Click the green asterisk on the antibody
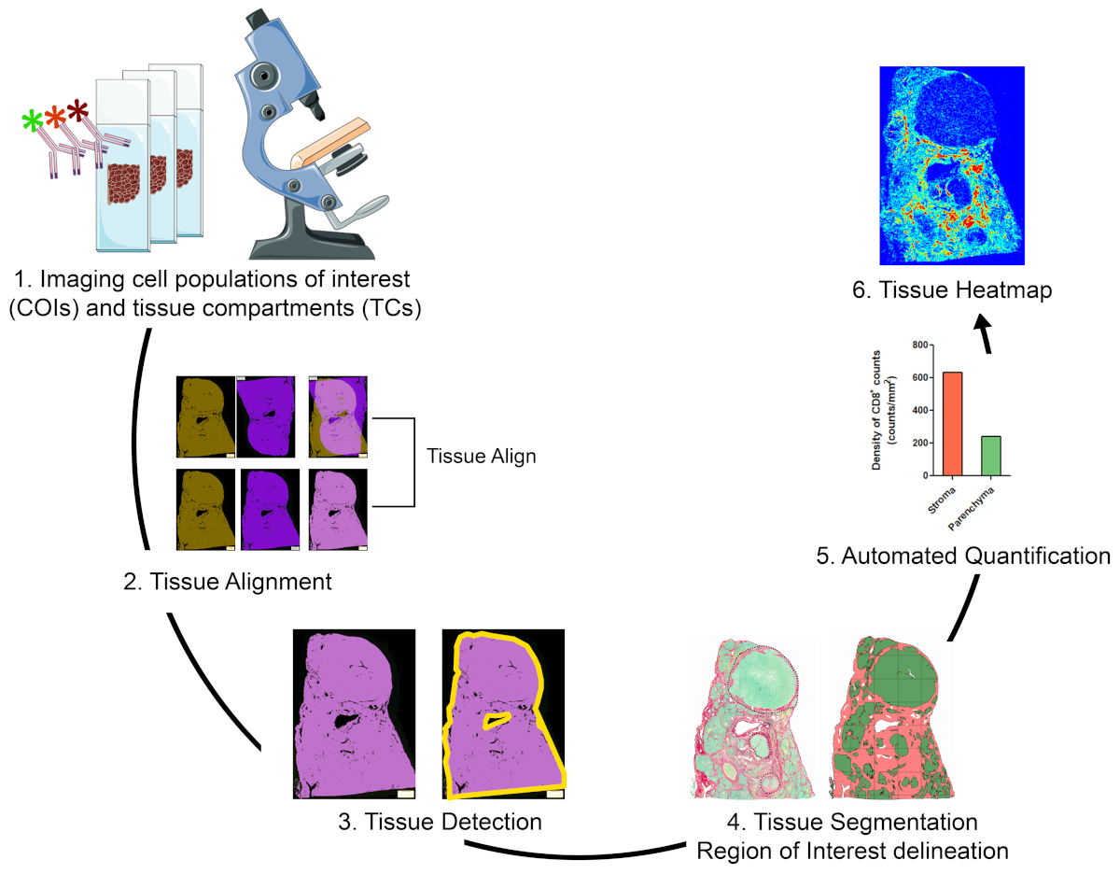click(x=34, y=120)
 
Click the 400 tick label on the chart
click(x=894, y=410)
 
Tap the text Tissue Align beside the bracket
click(x=481, y=458)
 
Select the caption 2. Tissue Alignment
click(x=227, y=582)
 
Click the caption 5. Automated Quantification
click(x=976, y=557)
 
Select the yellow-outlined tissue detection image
click(x=504, y=714)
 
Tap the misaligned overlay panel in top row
click(x=338, y=417)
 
